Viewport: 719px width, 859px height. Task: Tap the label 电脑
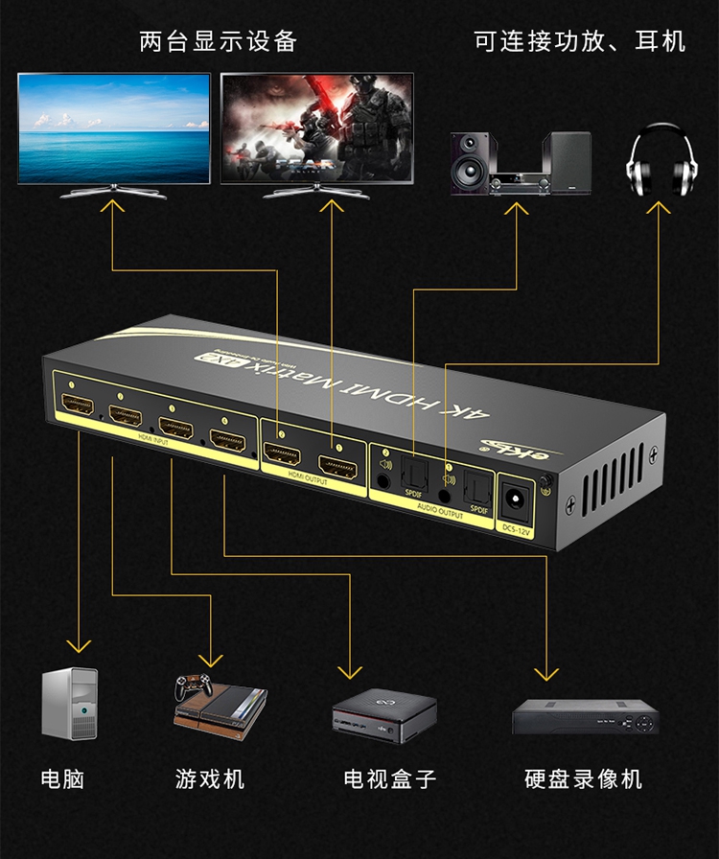pos(63,778)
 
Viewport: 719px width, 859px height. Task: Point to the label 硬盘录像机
pos(584,778)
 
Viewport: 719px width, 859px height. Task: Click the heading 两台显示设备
pos(218,41)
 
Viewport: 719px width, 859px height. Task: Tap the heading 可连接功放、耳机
pos(580,41)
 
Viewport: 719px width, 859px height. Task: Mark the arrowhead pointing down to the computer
pos(79,646)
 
